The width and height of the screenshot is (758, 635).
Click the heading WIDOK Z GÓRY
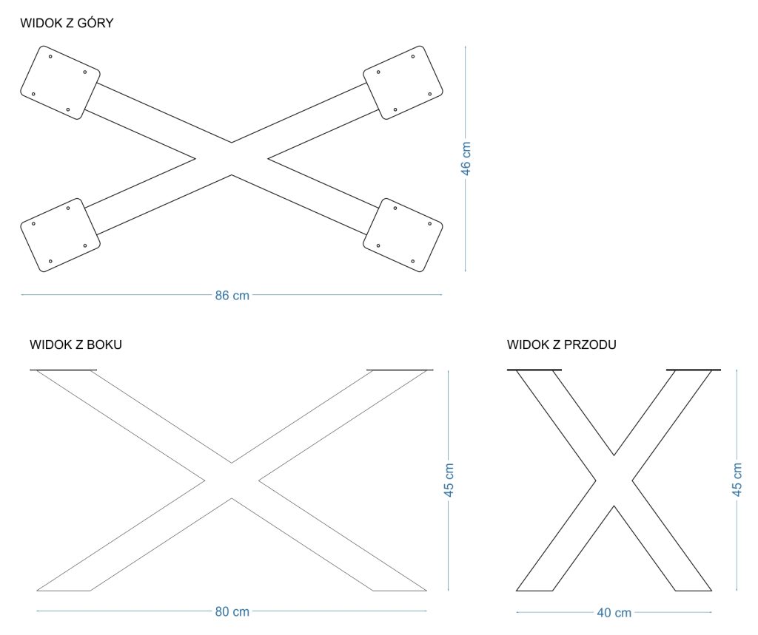67,24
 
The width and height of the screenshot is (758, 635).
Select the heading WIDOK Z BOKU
76,344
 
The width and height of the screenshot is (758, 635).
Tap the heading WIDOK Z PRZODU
562,344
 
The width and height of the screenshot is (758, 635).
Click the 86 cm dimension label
232,296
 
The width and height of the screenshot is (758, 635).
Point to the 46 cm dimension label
466,158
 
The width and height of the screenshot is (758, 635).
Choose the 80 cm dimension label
232,611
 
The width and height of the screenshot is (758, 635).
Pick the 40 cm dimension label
614,613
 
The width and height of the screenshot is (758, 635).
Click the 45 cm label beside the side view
449,480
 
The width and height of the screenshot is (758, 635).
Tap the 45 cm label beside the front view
737,480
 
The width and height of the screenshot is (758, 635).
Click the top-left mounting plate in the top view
60,82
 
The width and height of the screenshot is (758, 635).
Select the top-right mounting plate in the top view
403,82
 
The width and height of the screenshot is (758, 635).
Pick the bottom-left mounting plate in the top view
60,235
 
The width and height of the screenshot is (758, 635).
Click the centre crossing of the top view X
232,158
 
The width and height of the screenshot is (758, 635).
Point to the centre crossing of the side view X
232,481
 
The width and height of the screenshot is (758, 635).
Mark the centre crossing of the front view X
614,481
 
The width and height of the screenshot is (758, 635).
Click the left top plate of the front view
534,369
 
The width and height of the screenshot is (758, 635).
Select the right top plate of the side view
400,370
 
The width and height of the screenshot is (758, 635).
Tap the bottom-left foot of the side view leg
64,591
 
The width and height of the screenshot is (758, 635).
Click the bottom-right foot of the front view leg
693,591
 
